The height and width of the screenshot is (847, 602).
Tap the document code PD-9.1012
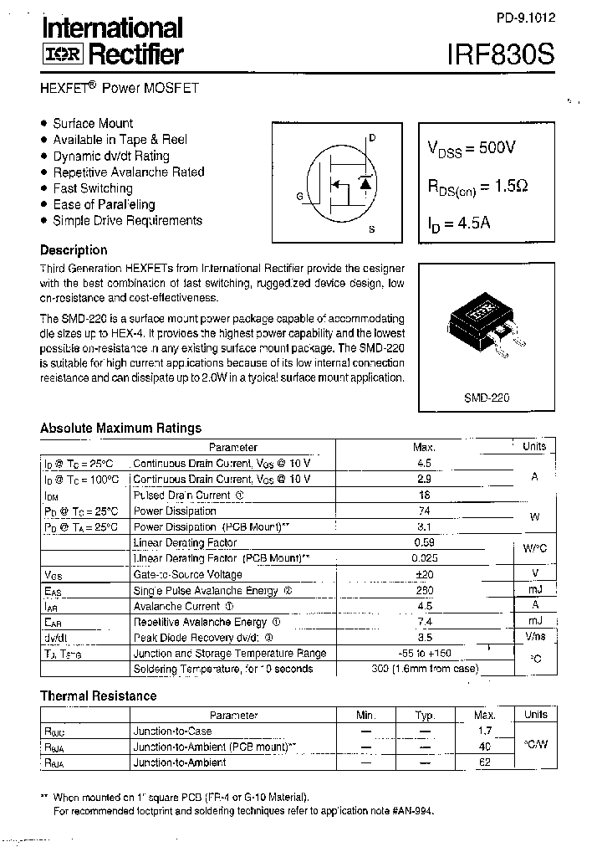point(524,17)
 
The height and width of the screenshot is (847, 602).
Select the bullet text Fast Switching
point(93,188)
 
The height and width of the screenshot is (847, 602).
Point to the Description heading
point(74,249)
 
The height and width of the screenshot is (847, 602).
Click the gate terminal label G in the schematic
point(298,197)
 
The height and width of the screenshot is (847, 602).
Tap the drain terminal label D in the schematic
point(372,138)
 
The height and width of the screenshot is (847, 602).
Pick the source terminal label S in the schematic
point(371,229)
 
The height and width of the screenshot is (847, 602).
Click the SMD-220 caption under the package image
point(487,398)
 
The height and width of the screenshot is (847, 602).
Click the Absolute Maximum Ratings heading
point(120,428)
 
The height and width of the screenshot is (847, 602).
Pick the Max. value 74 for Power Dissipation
point(424,511)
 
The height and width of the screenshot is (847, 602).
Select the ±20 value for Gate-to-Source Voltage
point(424,574)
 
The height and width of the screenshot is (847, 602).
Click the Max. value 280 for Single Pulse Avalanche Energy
point(424,590)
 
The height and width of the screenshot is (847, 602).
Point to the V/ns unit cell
point(534,637)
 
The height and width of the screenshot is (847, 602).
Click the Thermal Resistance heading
point(98,696)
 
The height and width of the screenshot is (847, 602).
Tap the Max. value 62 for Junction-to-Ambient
point(485,762)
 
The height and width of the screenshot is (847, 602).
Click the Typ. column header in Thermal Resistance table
point(426,716)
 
